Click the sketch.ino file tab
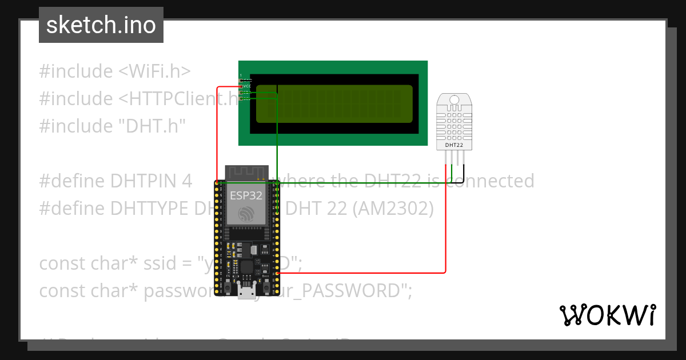101,25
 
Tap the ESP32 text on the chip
246,195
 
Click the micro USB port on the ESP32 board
247,292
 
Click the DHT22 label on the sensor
454,145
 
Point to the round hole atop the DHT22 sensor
454,100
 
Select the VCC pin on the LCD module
247,86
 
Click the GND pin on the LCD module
247,81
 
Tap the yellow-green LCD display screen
334,103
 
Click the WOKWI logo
607,315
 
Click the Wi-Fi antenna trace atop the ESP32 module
246,171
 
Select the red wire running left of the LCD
217,131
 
